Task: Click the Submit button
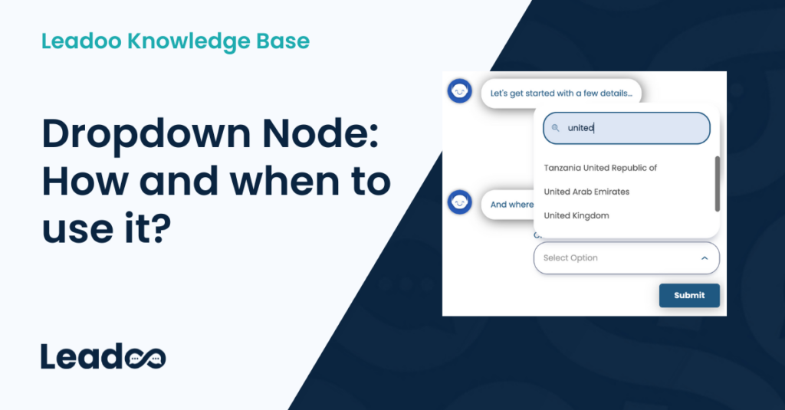(x=688, y=296)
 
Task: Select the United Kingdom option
(x=576, y=216)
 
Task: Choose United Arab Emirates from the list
(x=586, y=192)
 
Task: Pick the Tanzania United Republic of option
(x=600, y=168)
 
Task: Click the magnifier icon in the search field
(x=556, y=128)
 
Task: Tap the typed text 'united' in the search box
(x=580, y=128)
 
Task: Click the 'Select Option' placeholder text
(x=570, y=258)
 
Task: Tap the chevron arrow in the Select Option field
(x=705, y=258)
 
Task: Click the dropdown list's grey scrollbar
(x=717, y=184)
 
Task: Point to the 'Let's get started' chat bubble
(x=561, y=93)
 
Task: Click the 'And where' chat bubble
(x=511, y=205)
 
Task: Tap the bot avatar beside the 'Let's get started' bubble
(x=459, y=91)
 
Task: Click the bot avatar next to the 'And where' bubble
(x=459, y=202)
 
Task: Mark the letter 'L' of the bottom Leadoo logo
(x=48, y=357)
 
